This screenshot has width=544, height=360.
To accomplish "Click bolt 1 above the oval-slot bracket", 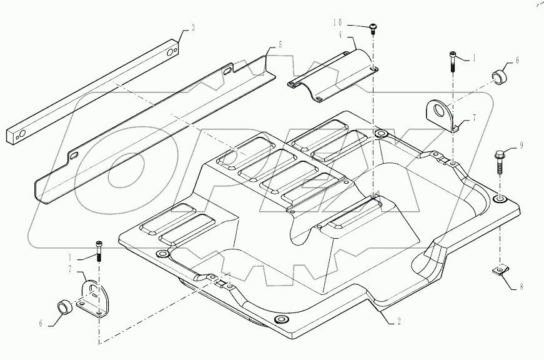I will click(99, 249).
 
